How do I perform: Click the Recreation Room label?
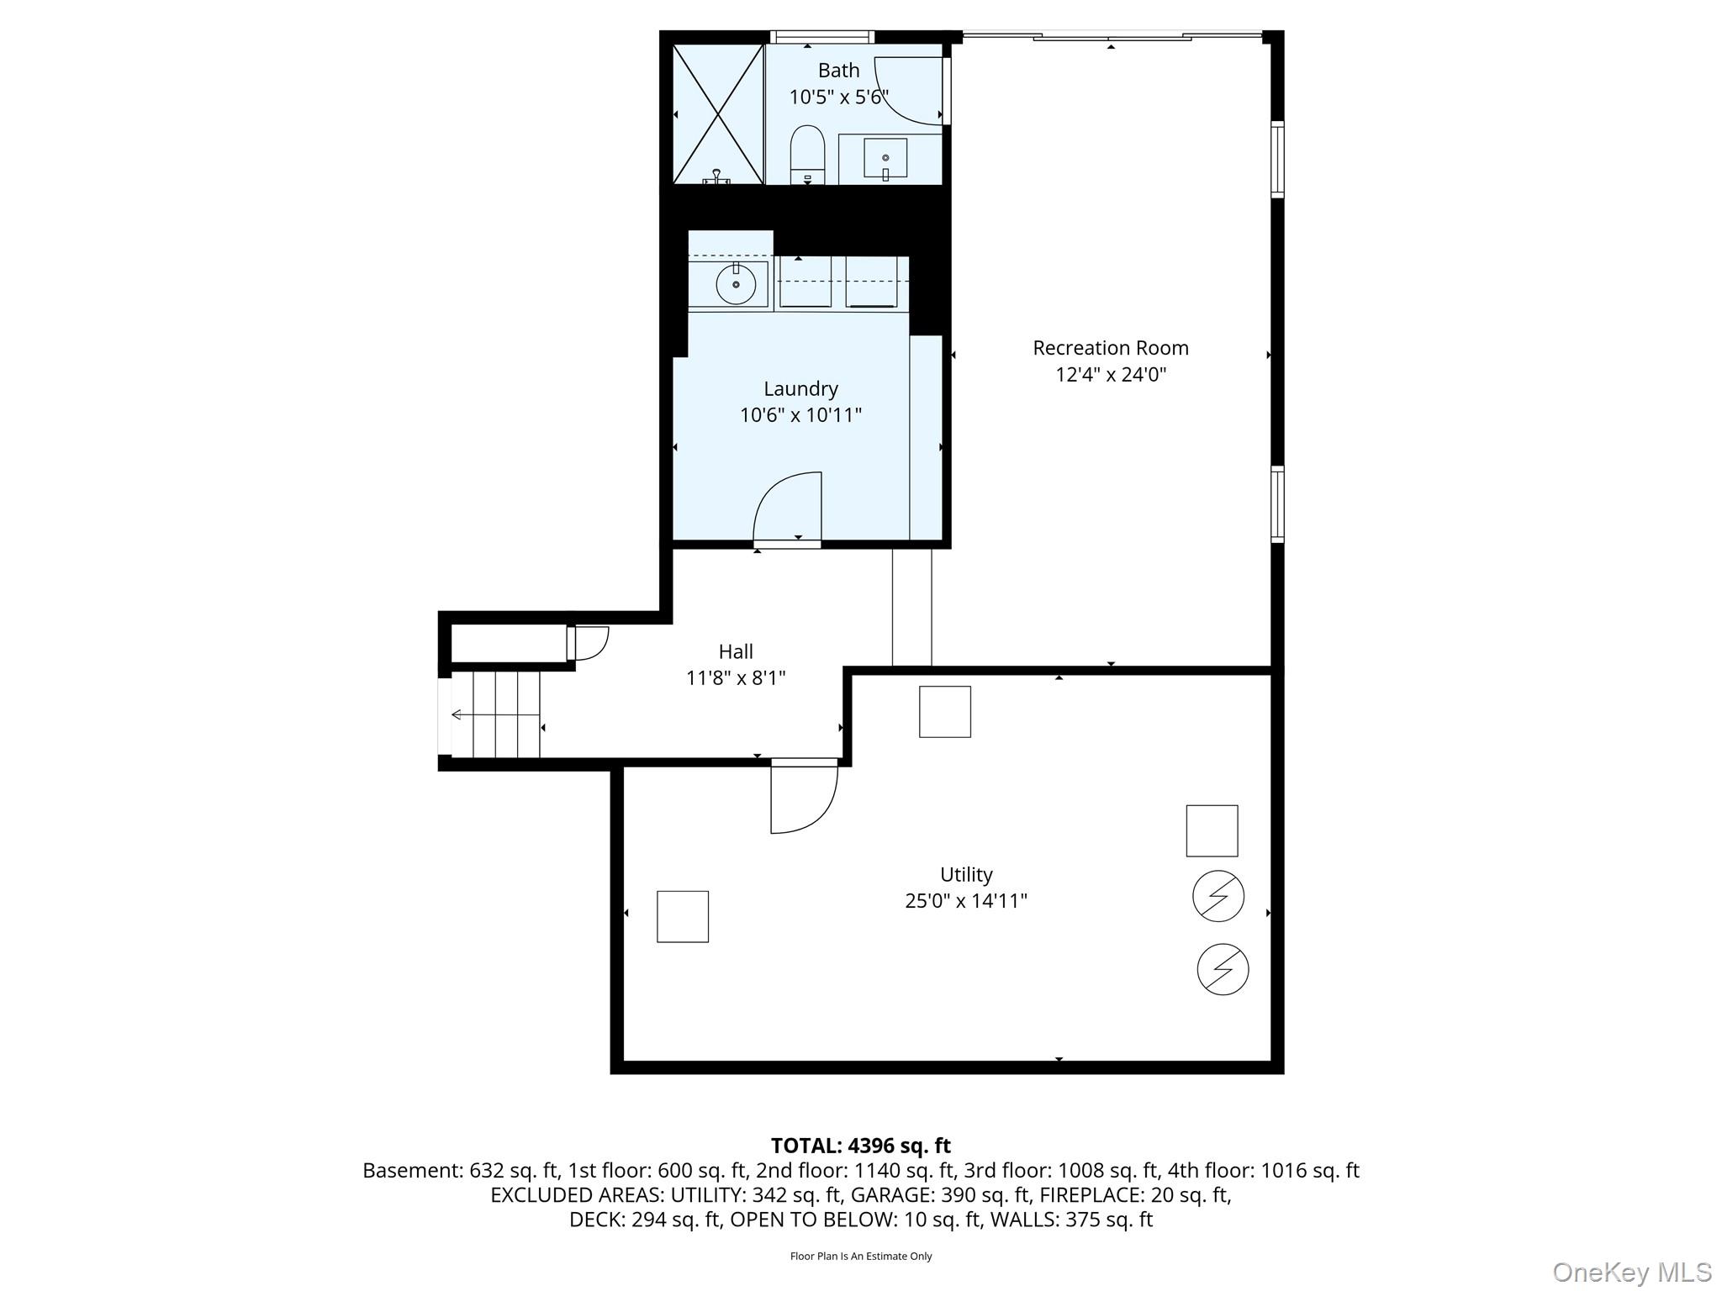point(1111,347)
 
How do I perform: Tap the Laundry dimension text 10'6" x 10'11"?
point(800,414)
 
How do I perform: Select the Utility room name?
point(966,874)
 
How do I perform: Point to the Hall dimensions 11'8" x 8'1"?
point(736,677)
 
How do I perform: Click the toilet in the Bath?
point(808,155)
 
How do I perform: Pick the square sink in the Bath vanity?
point(885,159)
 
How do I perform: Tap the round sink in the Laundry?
point(736,284)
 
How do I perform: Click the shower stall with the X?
point(718,113)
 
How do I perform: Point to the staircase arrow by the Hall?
point(495,715)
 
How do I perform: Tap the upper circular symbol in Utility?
point(1218,896)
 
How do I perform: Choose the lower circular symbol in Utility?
point(1223,969)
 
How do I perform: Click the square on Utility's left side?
point(683,916)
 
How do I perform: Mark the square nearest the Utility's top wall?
point(945,712)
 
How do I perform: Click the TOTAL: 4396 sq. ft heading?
point(861,1146)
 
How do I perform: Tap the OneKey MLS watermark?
point(1632,1272)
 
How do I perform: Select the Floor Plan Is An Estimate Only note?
point(861,1256)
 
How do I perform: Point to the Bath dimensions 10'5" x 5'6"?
point(838,97)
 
